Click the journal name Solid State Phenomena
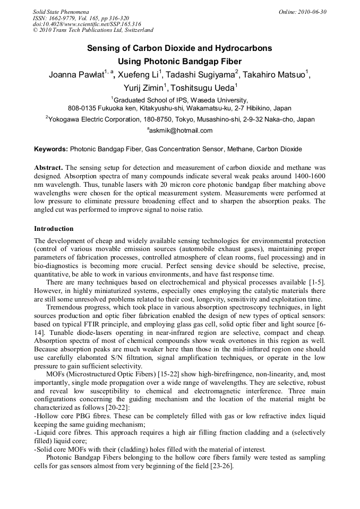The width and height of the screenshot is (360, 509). [x=61, y=12]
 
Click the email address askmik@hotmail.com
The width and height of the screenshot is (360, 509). [x=181, y=131]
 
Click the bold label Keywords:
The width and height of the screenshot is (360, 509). [x=51, y=149]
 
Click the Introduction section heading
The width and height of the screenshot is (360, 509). [x=54, y=229]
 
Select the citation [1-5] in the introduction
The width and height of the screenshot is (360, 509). [x=317, y=282]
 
